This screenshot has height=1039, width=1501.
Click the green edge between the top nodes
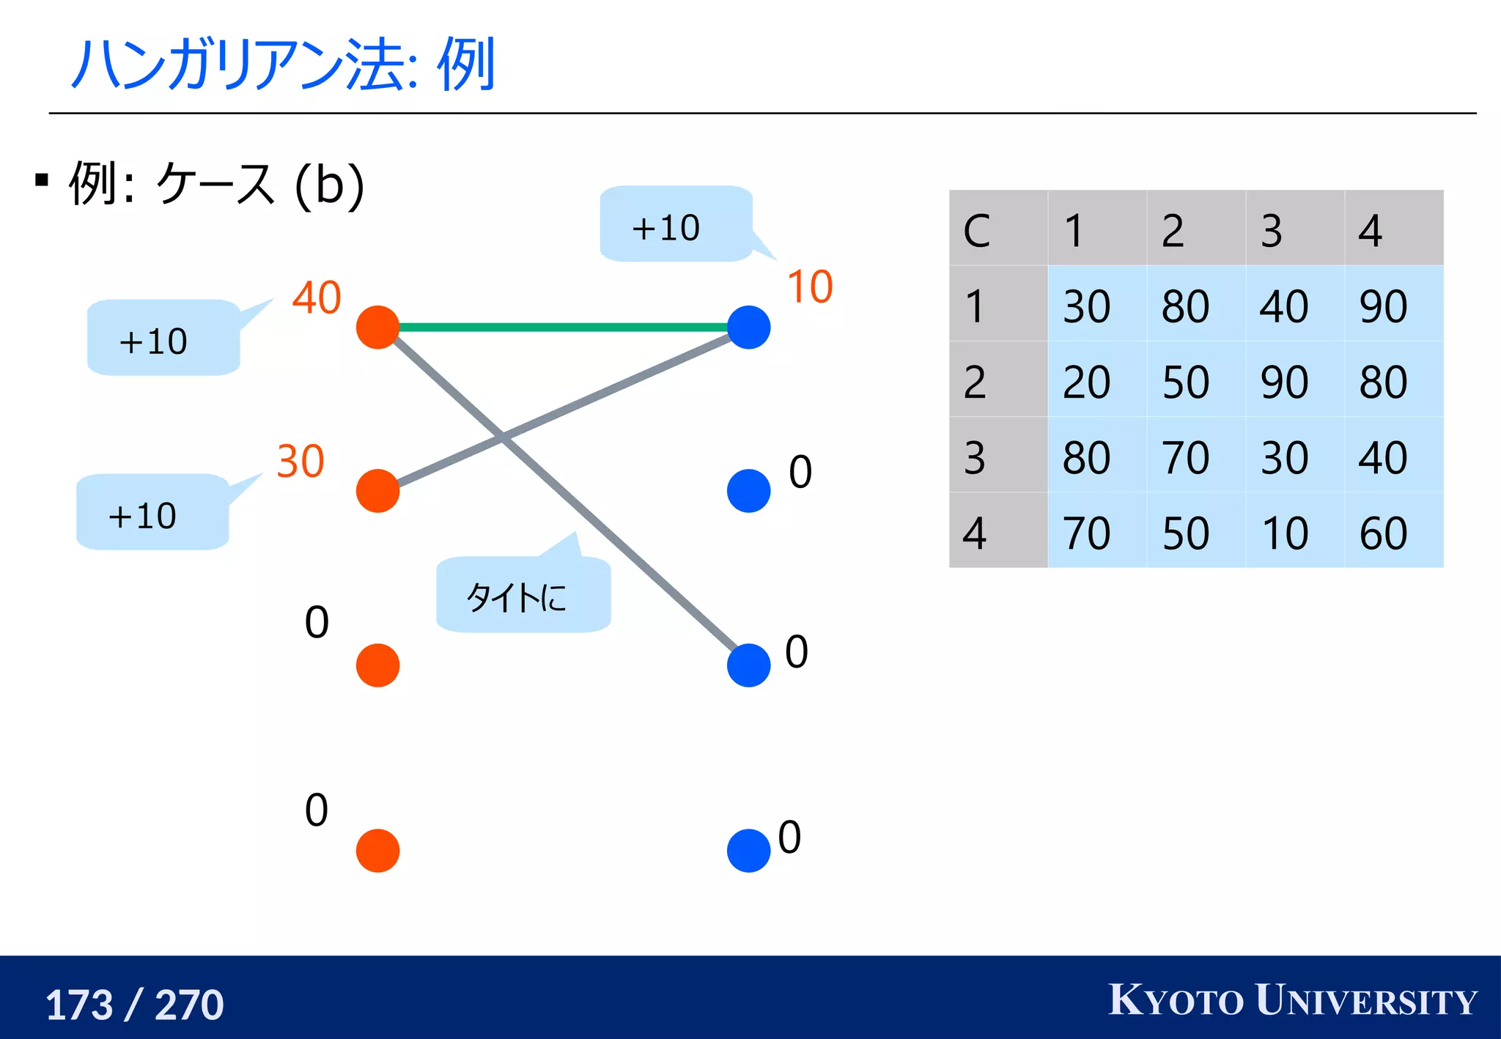tap(563, 328)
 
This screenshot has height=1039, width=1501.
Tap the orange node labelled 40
tap(377, 328)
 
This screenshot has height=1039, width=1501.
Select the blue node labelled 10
tap(748, 328)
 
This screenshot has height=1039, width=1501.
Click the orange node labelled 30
tap(377, 490)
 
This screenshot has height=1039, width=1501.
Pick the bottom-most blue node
tap(748, 851)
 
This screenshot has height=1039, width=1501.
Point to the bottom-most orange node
tap(377, 851)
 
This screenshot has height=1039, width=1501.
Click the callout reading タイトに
tap(523, 596)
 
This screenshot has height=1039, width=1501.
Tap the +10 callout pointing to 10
tap(674, 226)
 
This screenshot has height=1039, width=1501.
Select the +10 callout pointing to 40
tap(163, 339)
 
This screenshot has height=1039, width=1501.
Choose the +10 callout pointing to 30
tap(152, 513)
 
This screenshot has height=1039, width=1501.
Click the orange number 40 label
tap(317, 297)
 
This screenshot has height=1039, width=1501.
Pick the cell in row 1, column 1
tap(1096, 304)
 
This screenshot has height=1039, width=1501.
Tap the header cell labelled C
tap(997, 229)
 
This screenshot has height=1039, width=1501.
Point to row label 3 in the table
tap(997, 456)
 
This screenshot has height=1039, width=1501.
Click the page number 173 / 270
tap(135, 1004)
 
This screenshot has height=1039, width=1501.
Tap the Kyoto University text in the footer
tap(1292, 1000)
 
